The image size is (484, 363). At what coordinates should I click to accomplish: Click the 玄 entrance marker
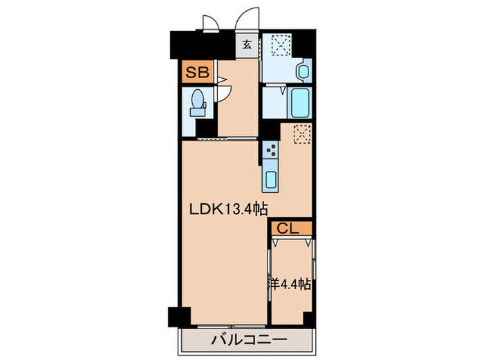246,46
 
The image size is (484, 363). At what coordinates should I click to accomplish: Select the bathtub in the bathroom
299,104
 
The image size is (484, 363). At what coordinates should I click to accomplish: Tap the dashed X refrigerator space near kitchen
301,133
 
